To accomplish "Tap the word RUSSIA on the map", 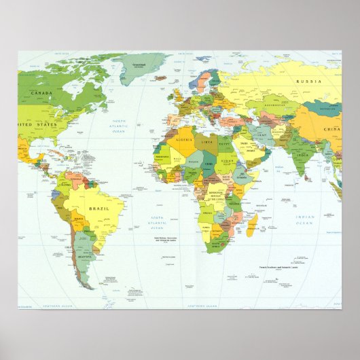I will [x=308, y=82].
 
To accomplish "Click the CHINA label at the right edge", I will [x=331, y=128].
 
